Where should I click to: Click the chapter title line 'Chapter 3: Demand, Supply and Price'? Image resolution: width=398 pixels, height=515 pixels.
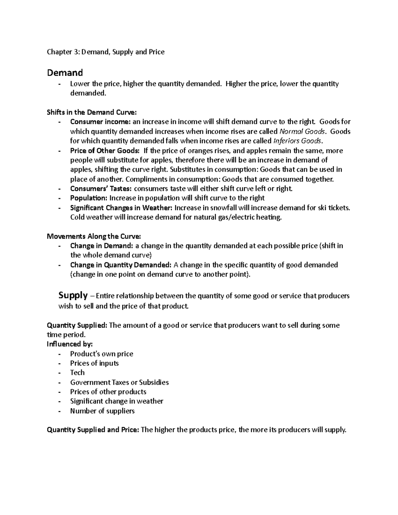[x=105, y=52]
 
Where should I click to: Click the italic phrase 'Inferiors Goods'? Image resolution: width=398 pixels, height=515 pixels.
[x=297, y=141]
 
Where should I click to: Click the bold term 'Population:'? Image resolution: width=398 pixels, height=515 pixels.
[x=89, y=198]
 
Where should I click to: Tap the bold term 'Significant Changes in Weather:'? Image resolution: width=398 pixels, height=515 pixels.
[x=121, y=208]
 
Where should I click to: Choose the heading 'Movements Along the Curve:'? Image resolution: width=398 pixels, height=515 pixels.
[x=94, y=236]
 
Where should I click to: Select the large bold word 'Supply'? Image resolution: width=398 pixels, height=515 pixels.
[x=73, y=295]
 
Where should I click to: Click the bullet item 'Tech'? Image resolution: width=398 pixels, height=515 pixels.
[x=77, y=373]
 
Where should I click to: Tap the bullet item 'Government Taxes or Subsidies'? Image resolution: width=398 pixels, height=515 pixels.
[x=119, y=382]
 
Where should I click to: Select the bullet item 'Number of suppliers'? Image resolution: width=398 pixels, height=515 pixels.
[x=102, y=411]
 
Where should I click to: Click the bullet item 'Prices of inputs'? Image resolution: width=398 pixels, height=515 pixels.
[x=94, y=363]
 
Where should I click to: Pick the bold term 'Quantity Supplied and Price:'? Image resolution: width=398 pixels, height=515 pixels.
[x=93, y=430]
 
